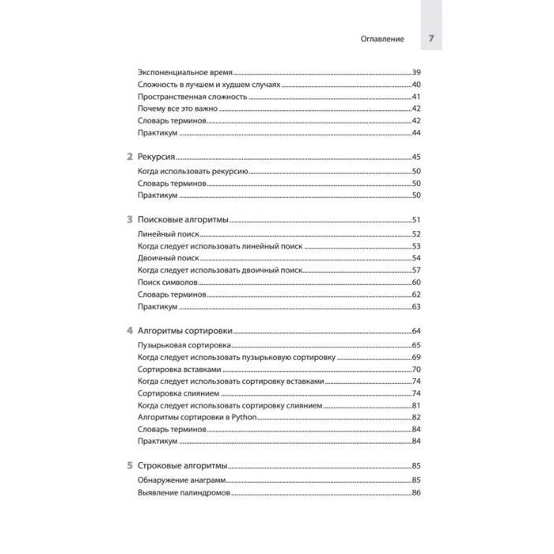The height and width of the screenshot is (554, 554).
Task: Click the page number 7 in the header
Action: [431, 38]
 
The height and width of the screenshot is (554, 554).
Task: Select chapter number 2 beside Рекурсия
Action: [130, 157]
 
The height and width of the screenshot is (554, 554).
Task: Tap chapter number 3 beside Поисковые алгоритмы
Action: [130, 220]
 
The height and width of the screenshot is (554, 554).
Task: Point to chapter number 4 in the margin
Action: [130, 331]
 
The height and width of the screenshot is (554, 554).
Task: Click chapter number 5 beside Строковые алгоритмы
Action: [130, 465]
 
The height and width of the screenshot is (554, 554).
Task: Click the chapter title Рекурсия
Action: [157, 157]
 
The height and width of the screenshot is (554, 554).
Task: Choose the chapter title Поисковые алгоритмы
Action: [183, 220]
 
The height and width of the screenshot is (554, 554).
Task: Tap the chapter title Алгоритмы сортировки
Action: [184, 331]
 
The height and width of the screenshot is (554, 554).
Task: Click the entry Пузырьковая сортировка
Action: [184, 345]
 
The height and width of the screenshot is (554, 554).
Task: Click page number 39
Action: [416, 71]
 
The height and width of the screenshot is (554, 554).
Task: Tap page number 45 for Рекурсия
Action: [416, 157]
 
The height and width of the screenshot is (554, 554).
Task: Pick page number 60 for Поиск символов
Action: [416, 282]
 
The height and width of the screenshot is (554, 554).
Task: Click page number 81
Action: [416, 404]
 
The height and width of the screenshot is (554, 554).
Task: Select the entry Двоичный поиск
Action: [167, 258]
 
